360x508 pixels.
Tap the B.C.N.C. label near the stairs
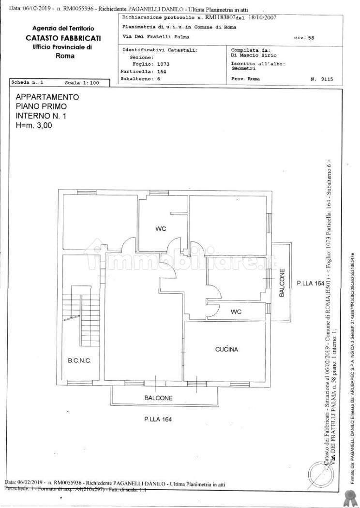(x=80, y=361)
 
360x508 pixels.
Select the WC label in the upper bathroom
(x=161, y=229)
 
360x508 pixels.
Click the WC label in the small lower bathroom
(x=236, y=311)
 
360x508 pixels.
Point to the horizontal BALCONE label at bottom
(x=158, y=398)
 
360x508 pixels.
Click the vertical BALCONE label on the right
(x=281, y=283)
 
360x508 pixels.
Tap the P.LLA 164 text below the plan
(x=158, y=419)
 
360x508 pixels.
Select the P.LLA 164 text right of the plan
(x=310, y=283)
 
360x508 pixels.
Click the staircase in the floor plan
(x=85, y=310)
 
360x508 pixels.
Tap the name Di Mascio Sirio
(x=254, y=56)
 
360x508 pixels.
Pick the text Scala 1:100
(x=81, y=83)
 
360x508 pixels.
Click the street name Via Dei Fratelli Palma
(x=156, y=37)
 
